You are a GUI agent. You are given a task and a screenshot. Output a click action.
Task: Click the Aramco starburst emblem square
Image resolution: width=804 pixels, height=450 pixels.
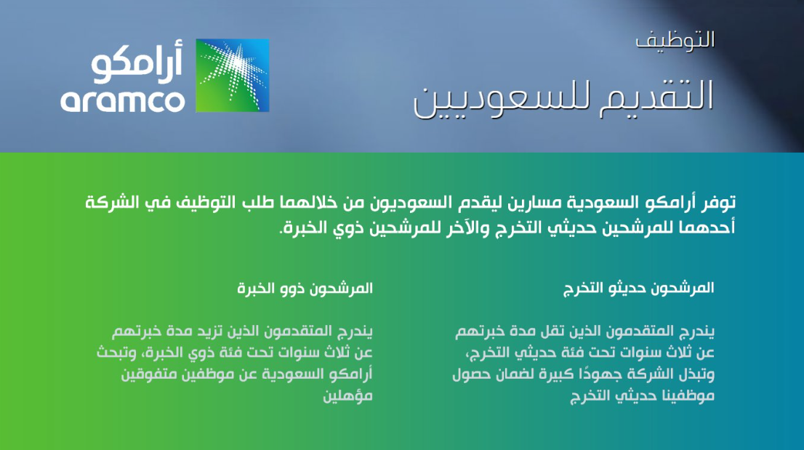[x=233, y=76]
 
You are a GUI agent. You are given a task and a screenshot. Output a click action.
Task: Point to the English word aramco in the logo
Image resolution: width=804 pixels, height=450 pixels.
[x=123, y=101]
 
